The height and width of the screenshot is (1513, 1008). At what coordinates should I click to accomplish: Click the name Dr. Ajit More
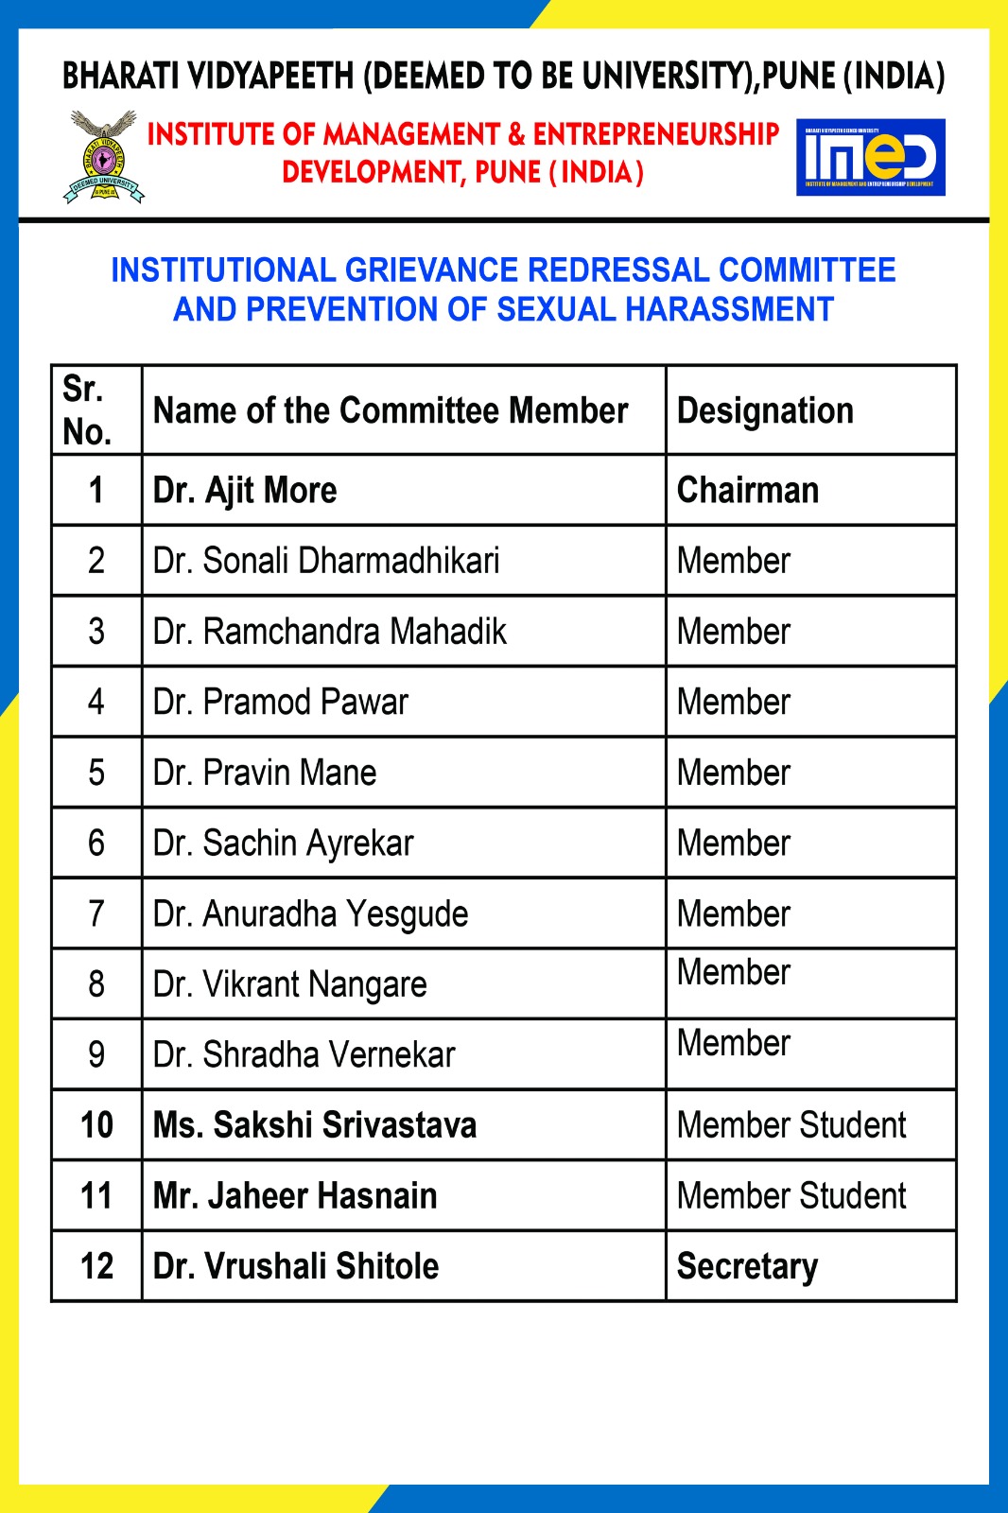click(x=245, y=491)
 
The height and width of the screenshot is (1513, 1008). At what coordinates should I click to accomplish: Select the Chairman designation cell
click(x=748, y=491)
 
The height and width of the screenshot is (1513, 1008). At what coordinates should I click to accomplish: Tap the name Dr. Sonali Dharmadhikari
click(x=326, y=561)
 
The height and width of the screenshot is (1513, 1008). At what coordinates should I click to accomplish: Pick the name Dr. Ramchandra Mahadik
click(x=330, y=632)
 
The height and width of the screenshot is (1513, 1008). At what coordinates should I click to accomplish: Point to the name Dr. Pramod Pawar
click(x=281, y=703)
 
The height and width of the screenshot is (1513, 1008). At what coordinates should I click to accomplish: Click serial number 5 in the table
click(x=96, y=773)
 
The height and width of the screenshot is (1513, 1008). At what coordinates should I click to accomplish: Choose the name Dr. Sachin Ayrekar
click(x=284, y=843)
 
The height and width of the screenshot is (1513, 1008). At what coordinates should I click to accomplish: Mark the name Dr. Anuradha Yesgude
click(x=311, y=914)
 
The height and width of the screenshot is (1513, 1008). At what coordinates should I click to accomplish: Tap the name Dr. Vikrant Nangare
click(x=290, y=984)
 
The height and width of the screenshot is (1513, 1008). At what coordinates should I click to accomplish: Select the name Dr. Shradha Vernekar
click(x=304, y=1055)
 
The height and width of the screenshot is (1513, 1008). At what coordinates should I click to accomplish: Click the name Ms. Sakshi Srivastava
click(x=315, y=1125)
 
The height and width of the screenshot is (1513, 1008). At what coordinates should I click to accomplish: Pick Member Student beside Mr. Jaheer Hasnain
click(x=791, y=1196)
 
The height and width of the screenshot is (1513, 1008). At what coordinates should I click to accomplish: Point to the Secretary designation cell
click(x=748, y=1266)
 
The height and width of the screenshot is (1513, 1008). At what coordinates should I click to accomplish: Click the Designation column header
click(x=765, y=411)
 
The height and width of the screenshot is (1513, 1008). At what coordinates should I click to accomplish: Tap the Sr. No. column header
click(x=87, y=410)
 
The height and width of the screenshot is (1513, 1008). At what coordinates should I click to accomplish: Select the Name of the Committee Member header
click(x=391, y=411)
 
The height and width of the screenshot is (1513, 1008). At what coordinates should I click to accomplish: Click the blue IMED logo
click(x=871, y=157)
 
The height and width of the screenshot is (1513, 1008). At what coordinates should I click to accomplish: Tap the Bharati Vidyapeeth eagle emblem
click(x=104, y=157)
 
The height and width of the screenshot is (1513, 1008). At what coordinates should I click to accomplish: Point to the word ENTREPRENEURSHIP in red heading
click(x=656, y=134)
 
